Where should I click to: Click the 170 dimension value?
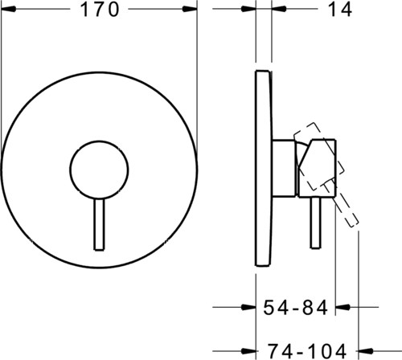[100, 10]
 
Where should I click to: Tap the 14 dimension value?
[340, 10]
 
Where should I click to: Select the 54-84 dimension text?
[295, 308]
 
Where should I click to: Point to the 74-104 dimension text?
[307, 351]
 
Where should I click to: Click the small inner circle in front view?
[99, 170]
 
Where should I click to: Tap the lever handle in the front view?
[99, 225]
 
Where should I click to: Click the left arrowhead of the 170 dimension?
[9, 9]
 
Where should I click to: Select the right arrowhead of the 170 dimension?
[190, 9]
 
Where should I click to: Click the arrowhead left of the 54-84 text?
[248, 307]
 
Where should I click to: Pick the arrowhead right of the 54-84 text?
[343, 307]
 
